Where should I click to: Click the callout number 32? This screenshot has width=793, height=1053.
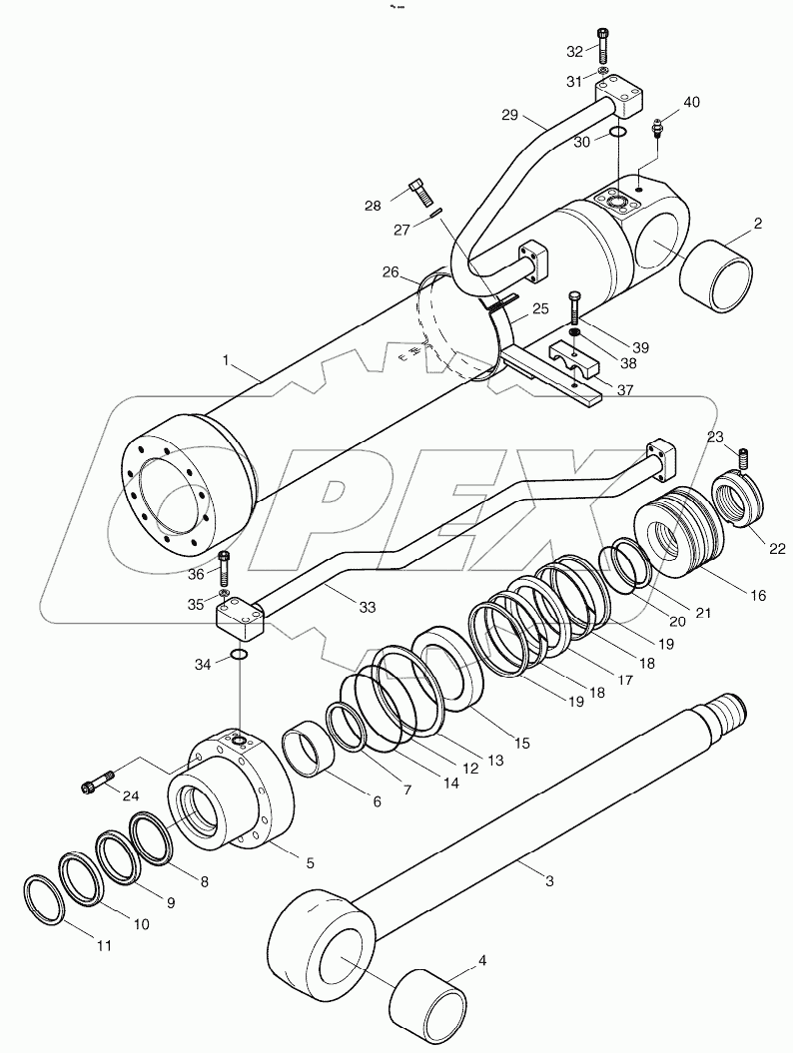[573, 51]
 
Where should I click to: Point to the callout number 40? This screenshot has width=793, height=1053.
[691, 103]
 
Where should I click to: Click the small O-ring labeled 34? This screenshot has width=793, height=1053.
[239, 655]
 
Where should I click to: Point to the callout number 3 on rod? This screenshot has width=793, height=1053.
[548, 880]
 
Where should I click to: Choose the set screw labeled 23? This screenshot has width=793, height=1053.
[743, 458]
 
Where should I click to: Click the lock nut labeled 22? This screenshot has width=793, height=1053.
[739, 502]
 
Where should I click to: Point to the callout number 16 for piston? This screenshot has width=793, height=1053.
[756, 596]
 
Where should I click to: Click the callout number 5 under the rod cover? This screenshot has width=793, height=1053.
[311, 861]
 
